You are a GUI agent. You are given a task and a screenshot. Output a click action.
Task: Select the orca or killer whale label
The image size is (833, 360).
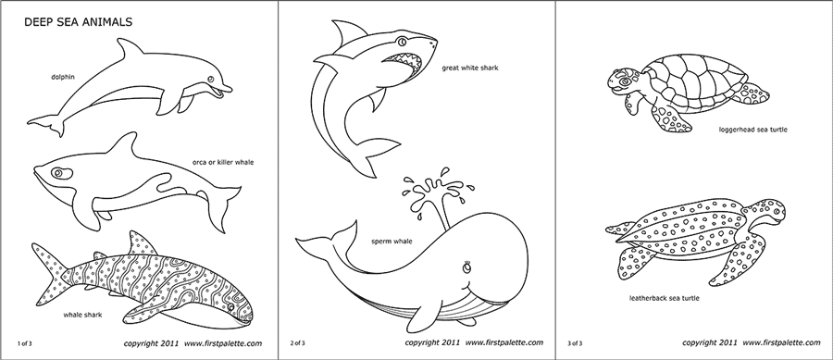[x=223, y=162]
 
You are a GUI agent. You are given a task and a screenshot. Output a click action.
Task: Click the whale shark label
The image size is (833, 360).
[x=82, y=315]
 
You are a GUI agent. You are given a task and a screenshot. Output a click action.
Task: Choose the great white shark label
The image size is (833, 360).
[x=471, y=68]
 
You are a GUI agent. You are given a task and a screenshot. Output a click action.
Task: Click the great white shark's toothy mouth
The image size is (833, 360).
[x=408, y=62]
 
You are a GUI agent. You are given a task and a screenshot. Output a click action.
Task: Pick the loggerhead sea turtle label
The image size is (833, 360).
[x=752, y=130]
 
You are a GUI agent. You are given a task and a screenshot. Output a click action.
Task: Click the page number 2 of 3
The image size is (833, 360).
[x=298, y=342]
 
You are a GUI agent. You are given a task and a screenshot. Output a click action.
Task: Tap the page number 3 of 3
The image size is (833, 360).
[x=575, y=342]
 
